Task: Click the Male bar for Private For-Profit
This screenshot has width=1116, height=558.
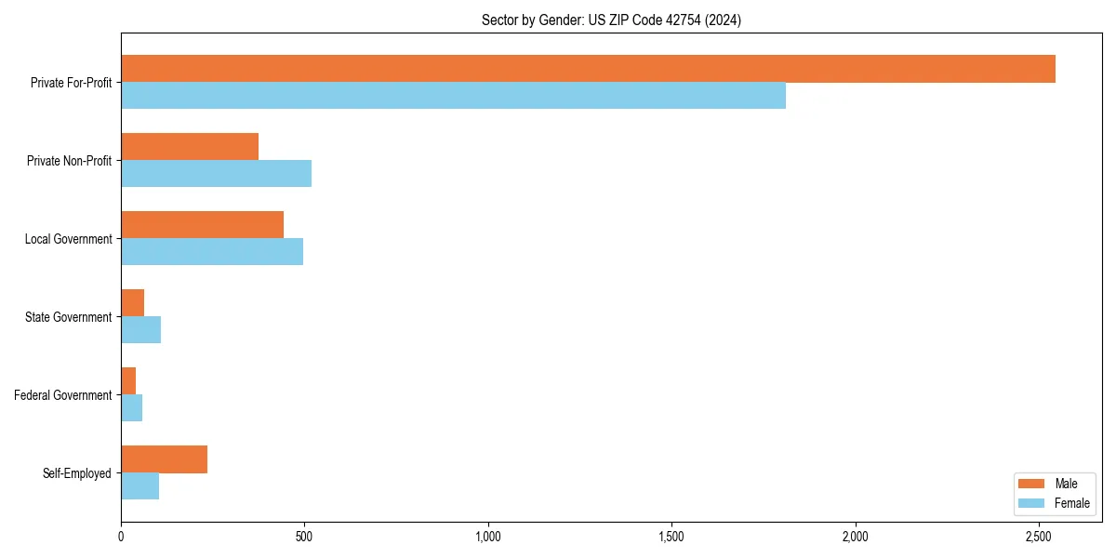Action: coord(588,69)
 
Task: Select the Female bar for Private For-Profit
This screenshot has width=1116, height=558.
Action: coord(453,96)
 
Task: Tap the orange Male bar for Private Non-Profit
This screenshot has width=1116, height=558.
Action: coord(190,147)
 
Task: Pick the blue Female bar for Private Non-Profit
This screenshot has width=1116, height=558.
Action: coord(216,174)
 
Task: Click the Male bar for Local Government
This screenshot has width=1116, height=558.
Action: coord(202,225)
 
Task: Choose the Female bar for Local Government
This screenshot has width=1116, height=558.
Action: coord(212,252)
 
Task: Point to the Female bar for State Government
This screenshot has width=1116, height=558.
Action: coord(140,330)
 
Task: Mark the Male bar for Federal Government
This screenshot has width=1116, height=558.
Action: coord(128,381)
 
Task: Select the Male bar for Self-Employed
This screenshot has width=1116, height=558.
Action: coord(164,459)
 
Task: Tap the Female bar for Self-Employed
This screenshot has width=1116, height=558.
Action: coord(139,486)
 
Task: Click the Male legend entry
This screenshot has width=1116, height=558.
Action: coord(1054,484)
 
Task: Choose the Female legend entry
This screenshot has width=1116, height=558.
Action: coord(1054,503)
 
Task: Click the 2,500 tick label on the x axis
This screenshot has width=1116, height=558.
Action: coord(1039,537)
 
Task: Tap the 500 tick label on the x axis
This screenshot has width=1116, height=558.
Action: coord(304,537)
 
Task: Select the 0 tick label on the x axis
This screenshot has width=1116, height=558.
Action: coord(121,537)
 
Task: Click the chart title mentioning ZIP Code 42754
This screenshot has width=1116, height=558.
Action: coord(611,20)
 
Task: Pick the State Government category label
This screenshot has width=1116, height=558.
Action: coord(68,317)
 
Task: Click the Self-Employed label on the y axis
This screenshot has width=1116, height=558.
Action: coord(76,473)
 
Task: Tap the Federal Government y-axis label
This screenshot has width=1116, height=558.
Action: coord(63,395)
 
